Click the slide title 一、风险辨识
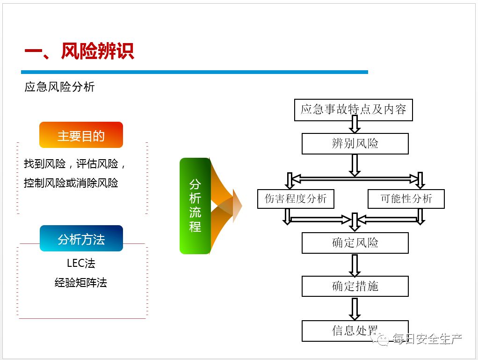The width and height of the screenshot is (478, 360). point(79,51)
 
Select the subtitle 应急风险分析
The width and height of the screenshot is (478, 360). point(59,87)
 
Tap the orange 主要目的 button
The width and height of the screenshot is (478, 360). point(81,135)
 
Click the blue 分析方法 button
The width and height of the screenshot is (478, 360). point(81,239)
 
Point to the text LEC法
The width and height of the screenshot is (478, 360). point(81,263)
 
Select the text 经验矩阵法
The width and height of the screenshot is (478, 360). point(81,283)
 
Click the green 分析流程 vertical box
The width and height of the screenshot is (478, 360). point(195,206)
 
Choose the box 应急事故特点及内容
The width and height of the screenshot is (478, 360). point(353,110)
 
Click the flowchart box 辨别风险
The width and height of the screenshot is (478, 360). point(355,144)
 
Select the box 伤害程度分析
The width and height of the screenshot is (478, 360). point(296,198)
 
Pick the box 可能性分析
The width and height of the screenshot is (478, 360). point(406,198)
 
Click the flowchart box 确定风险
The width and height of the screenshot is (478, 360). point(355,243)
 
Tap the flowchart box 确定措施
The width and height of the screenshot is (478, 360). point(355,286)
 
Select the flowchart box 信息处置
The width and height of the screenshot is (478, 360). point(355,331)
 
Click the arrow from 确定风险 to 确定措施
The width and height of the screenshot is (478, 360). point(355,265)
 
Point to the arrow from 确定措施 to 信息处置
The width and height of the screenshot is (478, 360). point(355,309)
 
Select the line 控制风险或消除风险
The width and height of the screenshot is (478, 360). point(71,183)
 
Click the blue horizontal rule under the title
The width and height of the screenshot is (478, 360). point(194,72)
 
